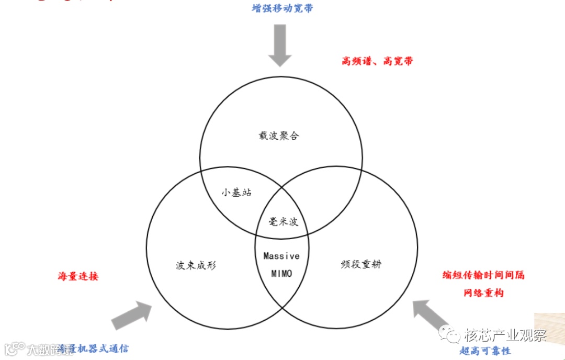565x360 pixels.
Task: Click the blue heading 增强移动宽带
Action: (282, 9)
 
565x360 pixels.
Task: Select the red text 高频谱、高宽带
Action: (377, 61)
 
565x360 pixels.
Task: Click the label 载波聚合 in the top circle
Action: (279, 136)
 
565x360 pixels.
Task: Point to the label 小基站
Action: (236, 193)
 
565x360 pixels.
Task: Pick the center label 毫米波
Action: (284, 222)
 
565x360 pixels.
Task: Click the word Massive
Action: (281, 256)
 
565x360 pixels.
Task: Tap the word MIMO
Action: (281, 274)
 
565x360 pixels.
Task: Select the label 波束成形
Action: (196, 265)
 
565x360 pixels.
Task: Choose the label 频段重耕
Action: (361, 264)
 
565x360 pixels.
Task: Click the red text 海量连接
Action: (78, 276)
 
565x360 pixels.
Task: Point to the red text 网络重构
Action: (483, 293)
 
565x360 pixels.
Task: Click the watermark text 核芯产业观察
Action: (505, 335)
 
